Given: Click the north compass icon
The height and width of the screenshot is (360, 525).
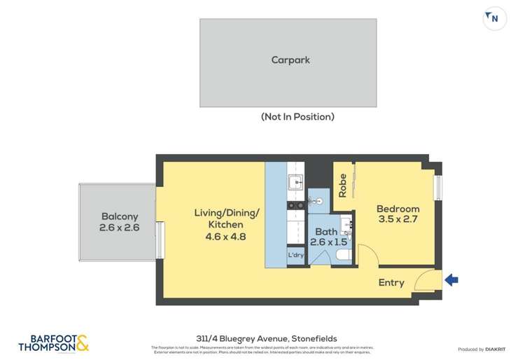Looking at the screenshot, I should point(494,19).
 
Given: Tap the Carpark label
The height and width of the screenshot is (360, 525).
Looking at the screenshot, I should point(290,60).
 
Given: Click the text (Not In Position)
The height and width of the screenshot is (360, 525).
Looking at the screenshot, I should point(297,117).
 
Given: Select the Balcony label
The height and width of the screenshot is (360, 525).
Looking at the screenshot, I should point(119,216).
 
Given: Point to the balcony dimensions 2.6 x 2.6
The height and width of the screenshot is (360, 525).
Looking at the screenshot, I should point(119,228).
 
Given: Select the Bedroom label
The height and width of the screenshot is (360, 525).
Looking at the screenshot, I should point(398,209).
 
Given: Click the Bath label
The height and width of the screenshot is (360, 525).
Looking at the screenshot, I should point(326,232).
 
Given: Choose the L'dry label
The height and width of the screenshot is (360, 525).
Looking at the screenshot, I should point(296,255).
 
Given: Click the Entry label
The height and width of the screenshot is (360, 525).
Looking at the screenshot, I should point(391,282).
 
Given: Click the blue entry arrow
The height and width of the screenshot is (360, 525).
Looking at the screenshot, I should point(451,280).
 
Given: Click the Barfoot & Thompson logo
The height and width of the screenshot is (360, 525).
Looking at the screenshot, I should point(54,343).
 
